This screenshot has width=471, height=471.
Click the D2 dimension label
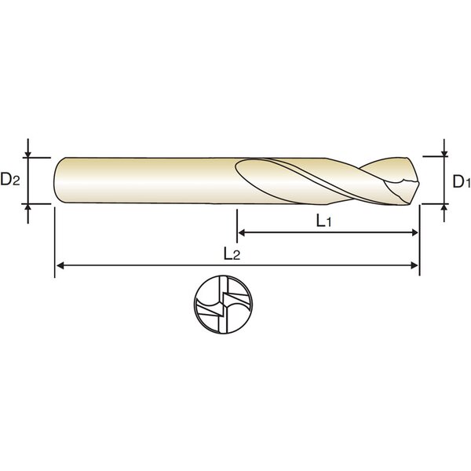(10, 179)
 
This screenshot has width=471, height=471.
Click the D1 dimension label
(462, 181)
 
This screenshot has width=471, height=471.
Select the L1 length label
(323, 221)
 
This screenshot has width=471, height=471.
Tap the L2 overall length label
(232, 254)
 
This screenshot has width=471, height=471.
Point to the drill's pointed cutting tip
(419, 183)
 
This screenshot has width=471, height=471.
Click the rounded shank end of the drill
(56, 181)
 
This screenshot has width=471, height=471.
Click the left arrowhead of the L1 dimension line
(242, 232)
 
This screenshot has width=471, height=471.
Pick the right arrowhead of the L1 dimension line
(414, 232)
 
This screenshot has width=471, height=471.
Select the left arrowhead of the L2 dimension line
(60, 265)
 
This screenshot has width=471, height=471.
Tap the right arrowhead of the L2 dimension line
(414, 265)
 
